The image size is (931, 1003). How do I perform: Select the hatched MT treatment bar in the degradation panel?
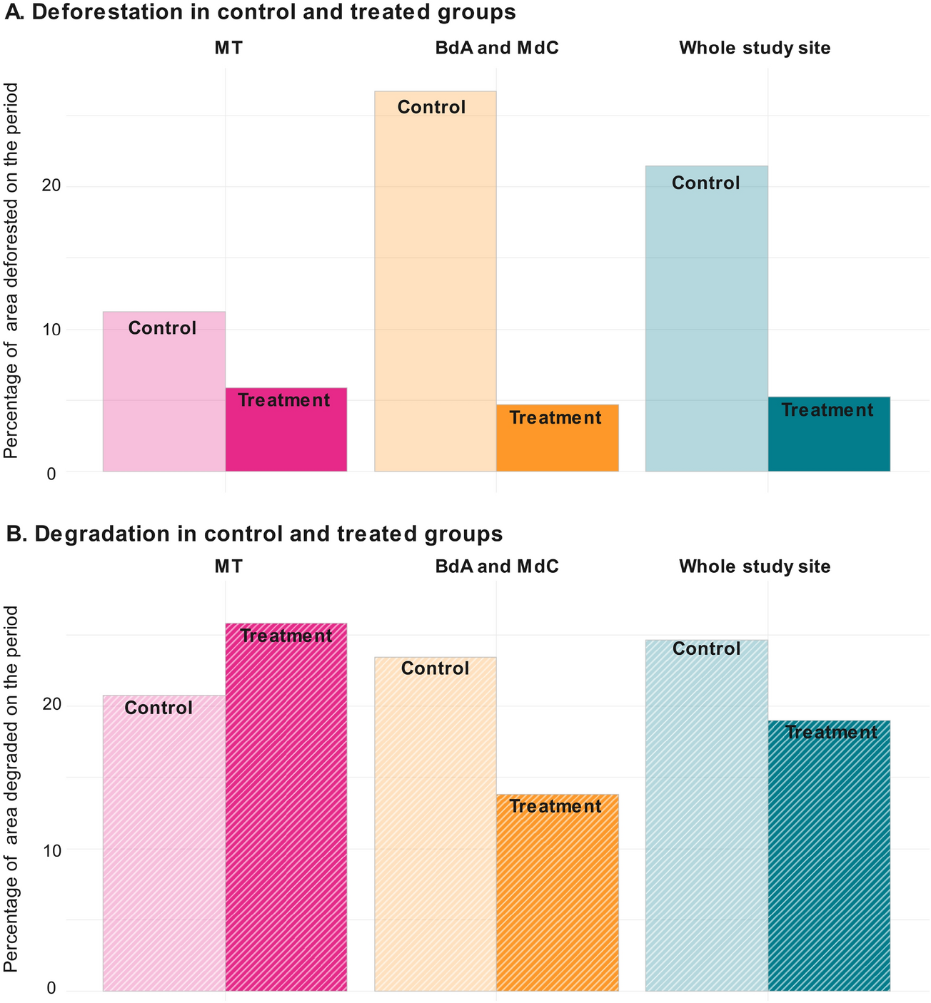pyautogui.click(x=286, y=807)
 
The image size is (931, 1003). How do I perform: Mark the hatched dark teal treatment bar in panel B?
pyautogui.click(x=829, y=855)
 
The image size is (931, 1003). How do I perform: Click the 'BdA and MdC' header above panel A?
pyautogui.click(x=497, y=49)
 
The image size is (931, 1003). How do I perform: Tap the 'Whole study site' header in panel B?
pyautogui.click(x=755, y=566)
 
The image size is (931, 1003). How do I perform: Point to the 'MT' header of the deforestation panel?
pyautogui.click(x=228, y=49)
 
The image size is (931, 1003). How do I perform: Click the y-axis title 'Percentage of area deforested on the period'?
pyautogui.click(x=12, y=271)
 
